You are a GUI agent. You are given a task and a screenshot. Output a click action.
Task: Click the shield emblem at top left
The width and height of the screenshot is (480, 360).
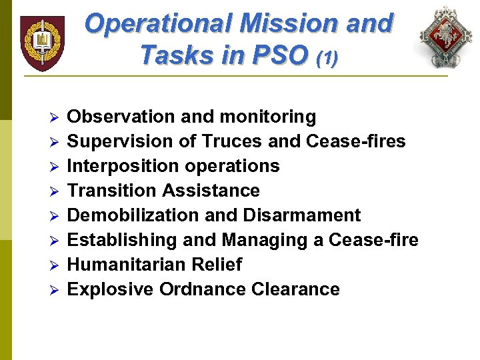click(x=42, y=43)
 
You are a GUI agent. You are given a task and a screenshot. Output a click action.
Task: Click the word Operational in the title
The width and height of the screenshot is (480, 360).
click(x=157, y=24)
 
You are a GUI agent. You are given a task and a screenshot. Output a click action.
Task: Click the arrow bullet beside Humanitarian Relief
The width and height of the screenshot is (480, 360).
click(x=56, y=265)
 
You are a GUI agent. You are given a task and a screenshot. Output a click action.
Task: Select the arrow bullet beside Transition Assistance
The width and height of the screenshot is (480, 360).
click(x=56, y=191)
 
